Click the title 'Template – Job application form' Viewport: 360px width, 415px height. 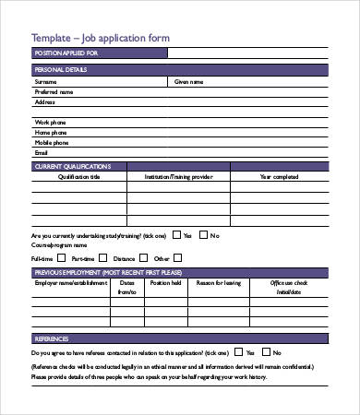click(x=101, y=38)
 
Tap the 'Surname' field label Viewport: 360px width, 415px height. click(x=45, y=81)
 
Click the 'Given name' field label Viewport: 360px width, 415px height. click(x=189, y=81)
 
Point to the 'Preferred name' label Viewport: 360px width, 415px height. click(x=54, y=91)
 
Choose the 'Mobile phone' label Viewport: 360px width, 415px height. click(x=52, y=143)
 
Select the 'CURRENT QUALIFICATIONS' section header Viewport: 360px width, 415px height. click(x=72, y=166)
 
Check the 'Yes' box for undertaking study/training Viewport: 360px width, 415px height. click(x=176, y=236)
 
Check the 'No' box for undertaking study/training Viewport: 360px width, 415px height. click(x=204, y=236)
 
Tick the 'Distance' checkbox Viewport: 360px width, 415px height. click(x=142, y=258)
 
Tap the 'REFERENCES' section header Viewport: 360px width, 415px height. click(x=52, y=339)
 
